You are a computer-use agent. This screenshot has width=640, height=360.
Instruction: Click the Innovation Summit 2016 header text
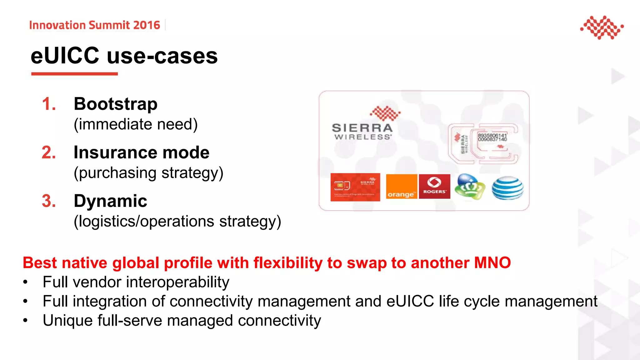[94, 25]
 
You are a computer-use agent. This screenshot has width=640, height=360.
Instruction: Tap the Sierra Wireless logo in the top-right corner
[602, 27]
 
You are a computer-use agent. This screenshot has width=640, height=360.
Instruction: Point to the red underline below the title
[74, 74]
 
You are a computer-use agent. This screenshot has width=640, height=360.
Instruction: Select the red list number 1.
[48, 104]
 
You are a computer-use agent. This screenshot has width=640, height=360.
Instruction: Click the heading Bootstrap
[116, 104]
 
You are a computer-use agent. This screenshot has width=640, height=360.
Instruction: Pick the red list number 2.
[49, 152]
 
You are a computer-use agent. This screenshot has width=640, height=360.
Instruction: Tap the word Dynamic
[110, 201]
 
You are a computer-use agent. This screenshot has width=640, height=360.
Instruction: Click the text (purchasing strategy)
[148, 173]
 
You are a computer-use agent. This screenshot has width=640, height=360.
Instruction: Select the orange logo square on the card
[402, 187]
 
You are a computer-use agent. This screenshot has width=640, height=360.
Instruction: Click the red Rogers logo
[434, 187]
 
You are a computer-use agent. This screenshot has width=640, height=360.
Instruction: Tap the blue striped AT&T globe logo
[507, 187]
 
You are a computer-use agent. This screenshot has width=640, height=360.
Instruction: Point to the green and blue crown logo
[470, 187]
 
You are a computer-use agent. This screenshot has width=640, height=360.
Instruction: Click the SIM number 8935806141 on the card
[492, 135]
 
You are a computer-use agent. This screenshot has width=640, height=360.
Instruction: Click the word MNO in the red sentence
[492, 263]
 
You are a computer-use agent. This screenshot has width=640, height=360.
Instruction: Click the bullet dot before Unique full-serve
[25, 321]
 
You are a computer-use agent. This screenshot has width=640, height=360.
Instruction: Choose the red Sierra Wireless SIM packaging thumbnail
[355, 187]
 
